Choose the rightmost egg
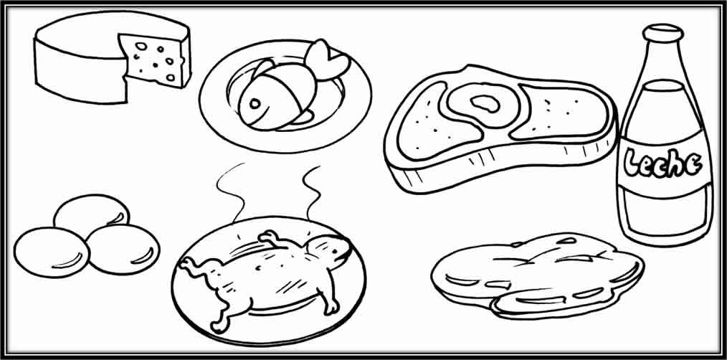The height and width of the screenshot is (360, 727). point(123,248)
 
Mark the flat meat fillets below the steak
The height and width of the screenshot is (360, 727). point(538,273)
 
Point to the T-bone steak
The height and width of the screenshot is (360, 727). point(502,129)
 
